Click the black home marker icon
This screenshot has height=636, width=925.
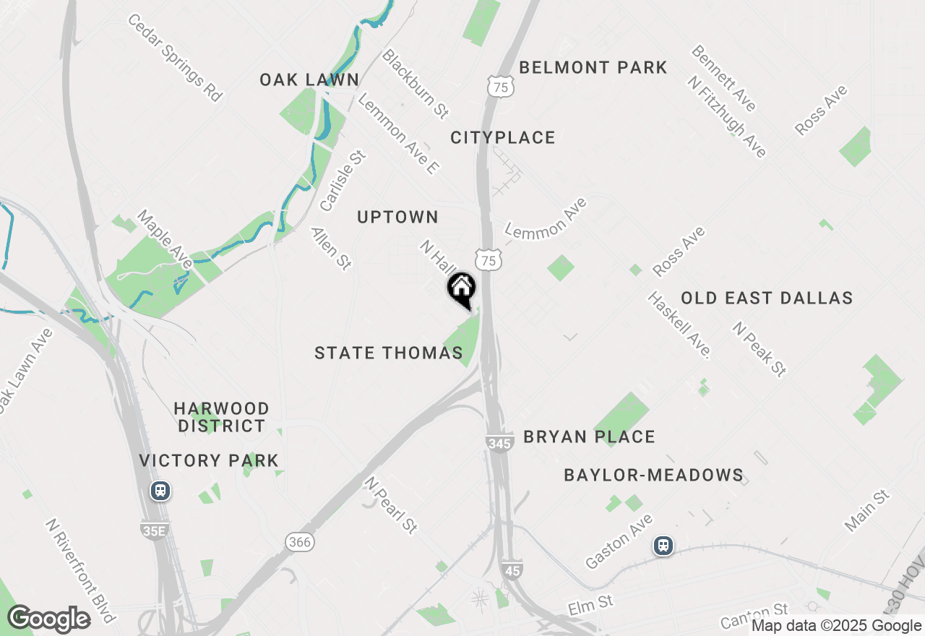tap(461, 289)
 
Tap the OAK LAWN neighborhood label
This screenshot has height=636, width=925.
tap(309, 79)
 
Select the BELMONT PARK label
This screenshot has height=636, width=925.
tap(593, 68)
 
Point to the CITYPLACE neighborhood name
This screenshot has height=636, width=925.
tap(503, 137)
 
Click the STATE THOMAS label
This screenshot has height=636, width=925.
tap(389, 353)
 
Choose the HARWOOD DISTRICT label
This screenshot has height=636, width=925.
tap(222, 417)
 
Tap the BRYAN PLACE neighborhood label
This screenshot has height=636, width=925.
tap(589, 437)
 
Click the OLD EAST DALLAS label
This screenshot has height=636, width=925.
tap(767, 298)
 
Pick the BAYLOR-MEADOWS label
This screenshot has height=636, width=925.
tap(653, 475)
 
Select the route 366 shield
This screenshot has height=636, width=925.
tap(299, 541)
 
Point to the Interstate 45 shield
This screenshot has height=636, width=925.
tap(512, 570)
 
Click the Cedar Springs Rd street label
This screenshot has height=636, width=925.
tap(174, 56)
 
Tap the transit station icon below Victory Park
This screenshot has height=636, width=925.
tap(160, 491)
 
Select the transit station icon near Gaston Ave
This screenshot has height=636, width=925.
tap(663, 546)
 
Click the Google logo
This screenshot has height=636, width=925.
tap(48, 619)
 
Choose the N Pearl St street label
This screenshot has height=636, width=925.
tap(391, 504)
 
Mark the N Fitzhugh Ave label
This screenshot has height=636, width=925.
tap(727, 116)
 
